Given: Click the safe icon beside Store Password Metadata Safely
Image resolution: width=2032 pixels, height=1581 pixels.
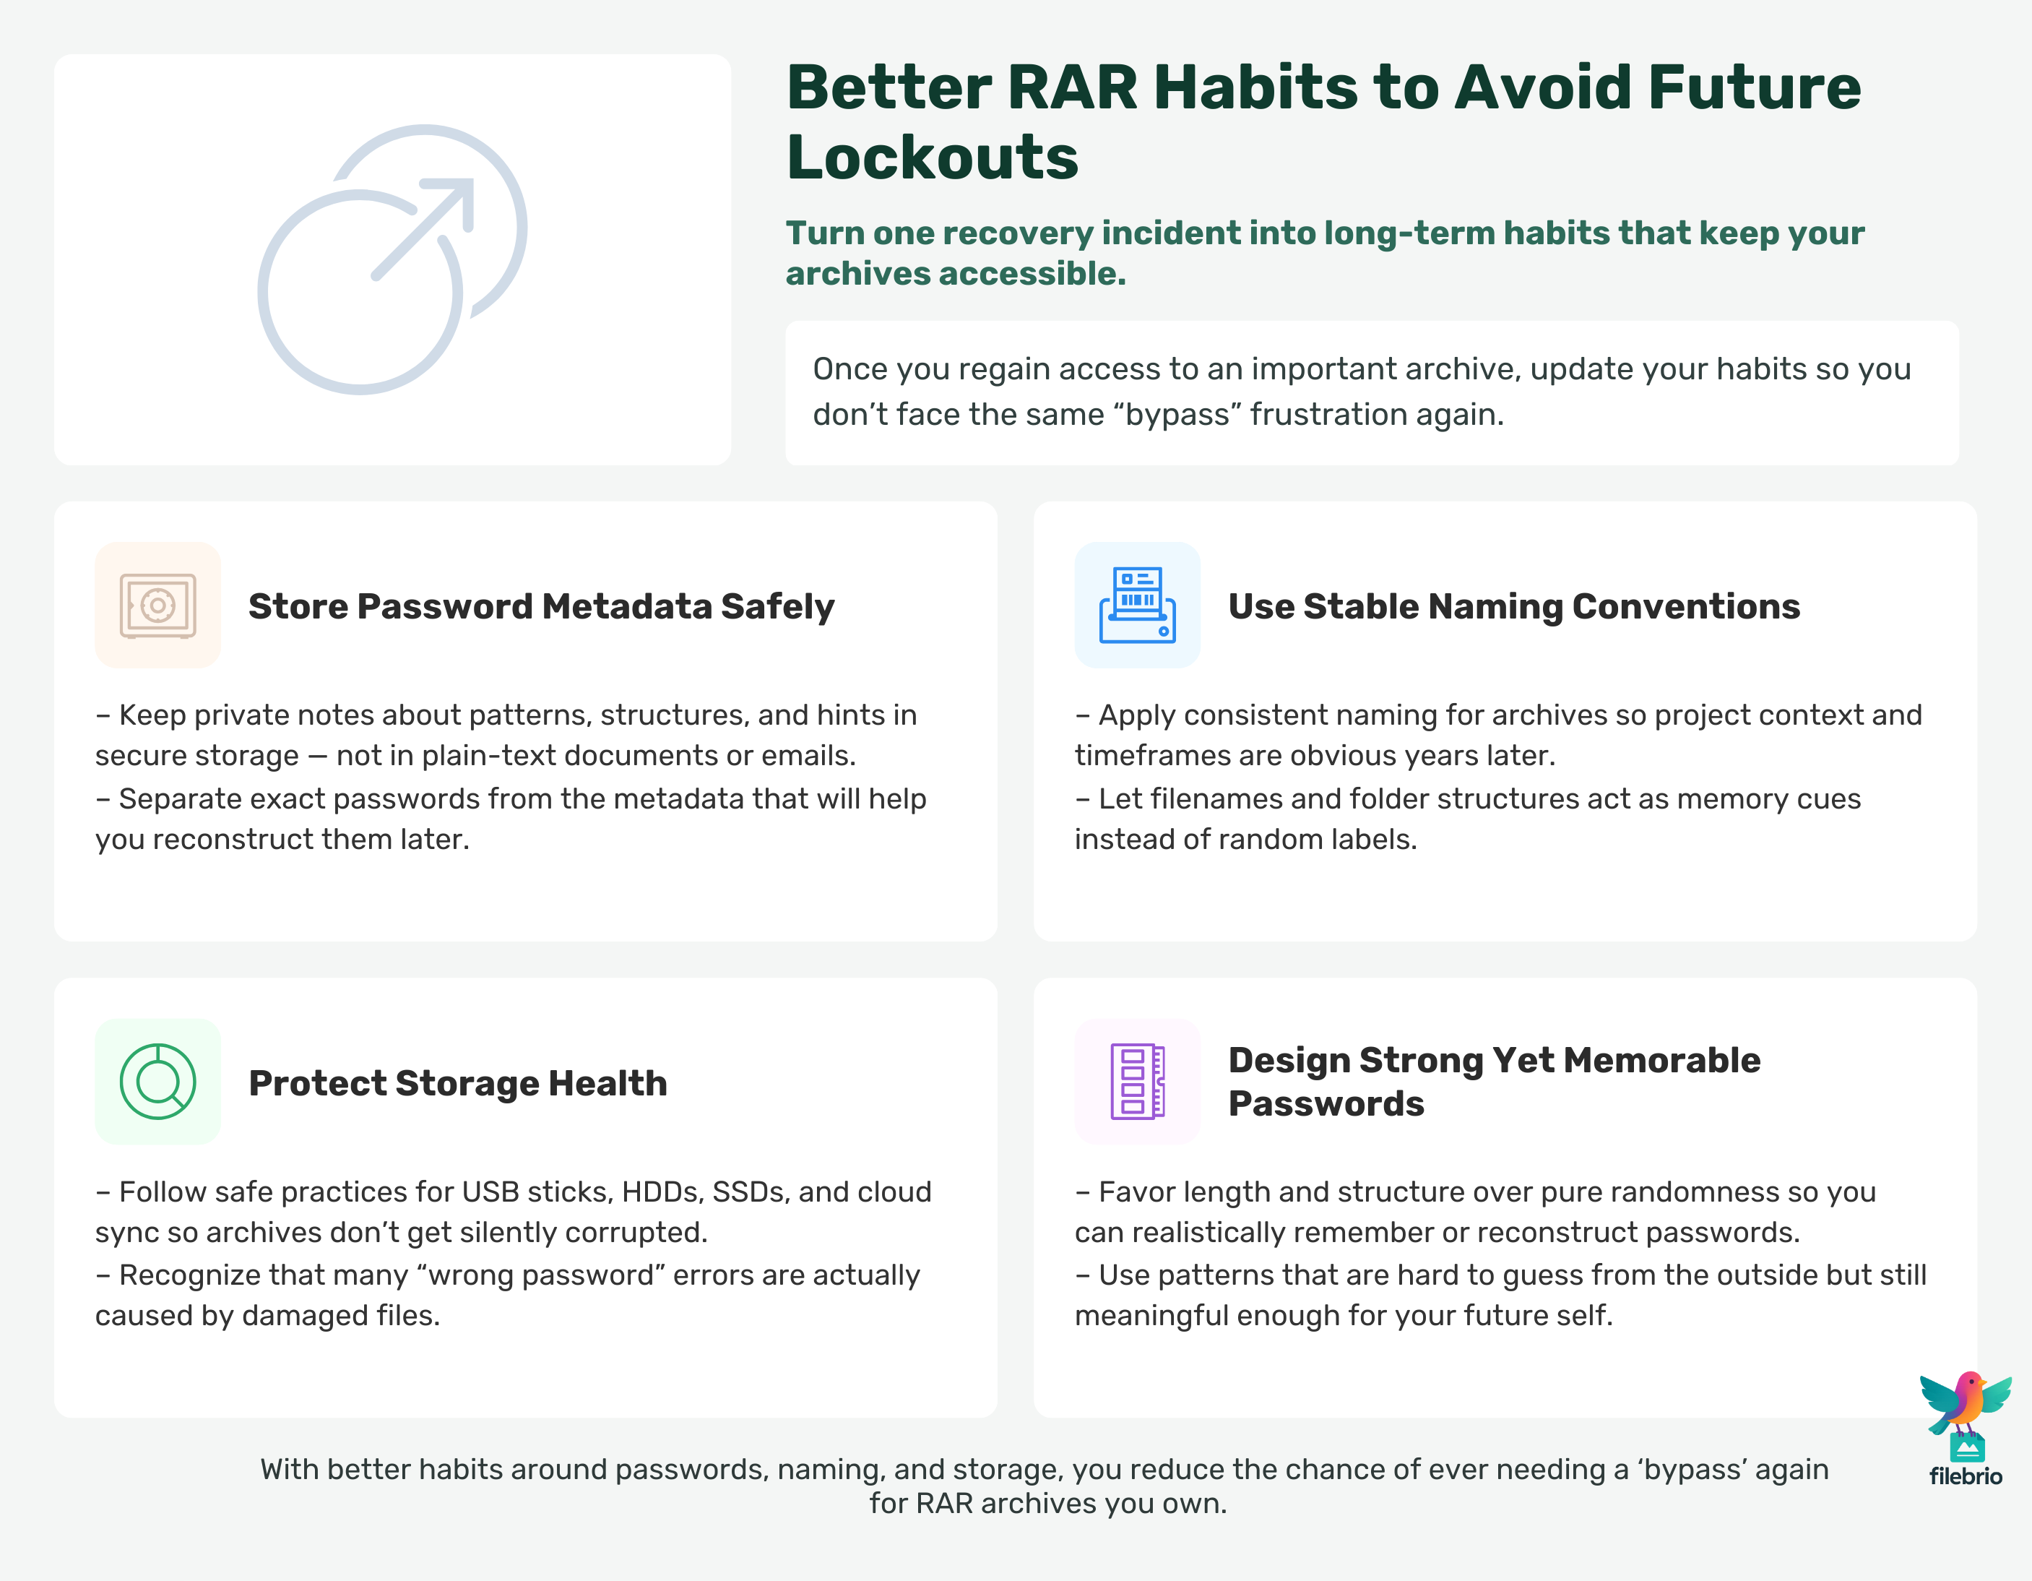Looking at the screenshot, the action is coord(157,606).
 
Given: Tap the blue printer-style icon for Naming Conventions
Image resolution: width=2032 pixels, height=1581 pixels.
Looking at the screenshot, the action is coord(1137,605).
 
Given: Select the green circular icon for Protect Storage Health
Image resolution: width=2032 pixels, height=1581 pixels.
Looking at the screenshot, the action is coord(157,1081).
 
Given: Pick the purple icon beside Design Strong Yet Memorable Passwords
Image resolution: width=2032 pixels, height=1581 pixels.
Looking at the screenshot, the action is coord(1137,1081).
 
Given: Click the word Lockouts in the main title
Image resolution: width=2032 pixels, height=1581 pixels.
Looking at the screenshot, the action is coord(933,156).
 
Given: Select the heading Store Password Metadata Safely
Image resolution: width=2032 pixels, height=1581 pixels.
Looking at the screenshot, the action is coord(542,606).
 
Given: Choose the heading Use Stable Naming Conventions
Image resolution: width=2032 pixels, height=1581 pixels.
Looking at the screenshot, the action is coord(1514,606).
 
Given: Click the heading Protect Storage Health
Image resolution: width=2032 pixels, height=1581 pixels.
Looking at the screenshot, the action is coord(458,1082).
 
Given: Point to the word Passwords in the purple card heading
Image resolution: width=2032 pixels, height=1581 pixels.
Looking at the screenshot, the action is coord(1326,1103).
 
